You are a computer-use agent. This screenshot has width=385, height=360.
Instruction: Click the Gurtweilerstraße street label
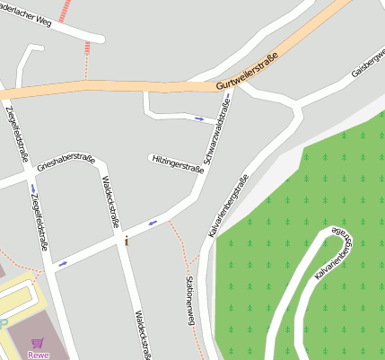(247, 71)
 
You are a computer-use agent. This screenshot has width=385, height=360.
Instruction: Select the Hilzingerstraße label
(177, 164)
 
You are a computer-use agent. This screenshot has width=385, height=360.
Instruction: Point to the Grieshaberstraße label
(66, 162)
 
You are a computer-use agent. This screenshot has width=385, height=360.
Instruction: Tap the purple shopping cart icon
(37, 342)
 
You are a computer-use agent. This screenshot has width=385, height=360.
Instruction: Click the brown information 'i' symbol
(127, 241)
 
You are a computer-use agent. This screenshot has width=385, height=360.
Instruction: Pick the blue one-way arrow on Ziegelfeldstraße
(32, 188)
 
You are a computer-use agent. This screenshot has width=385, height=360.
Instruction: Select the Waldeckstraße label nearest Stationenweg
(142, 334)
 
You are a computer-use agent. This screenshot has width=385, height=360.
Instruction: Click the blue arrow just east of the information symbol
(153, 223)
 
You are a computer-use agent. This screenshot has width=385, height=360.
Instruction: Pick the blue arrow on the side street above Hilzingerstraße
(199, 118)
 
